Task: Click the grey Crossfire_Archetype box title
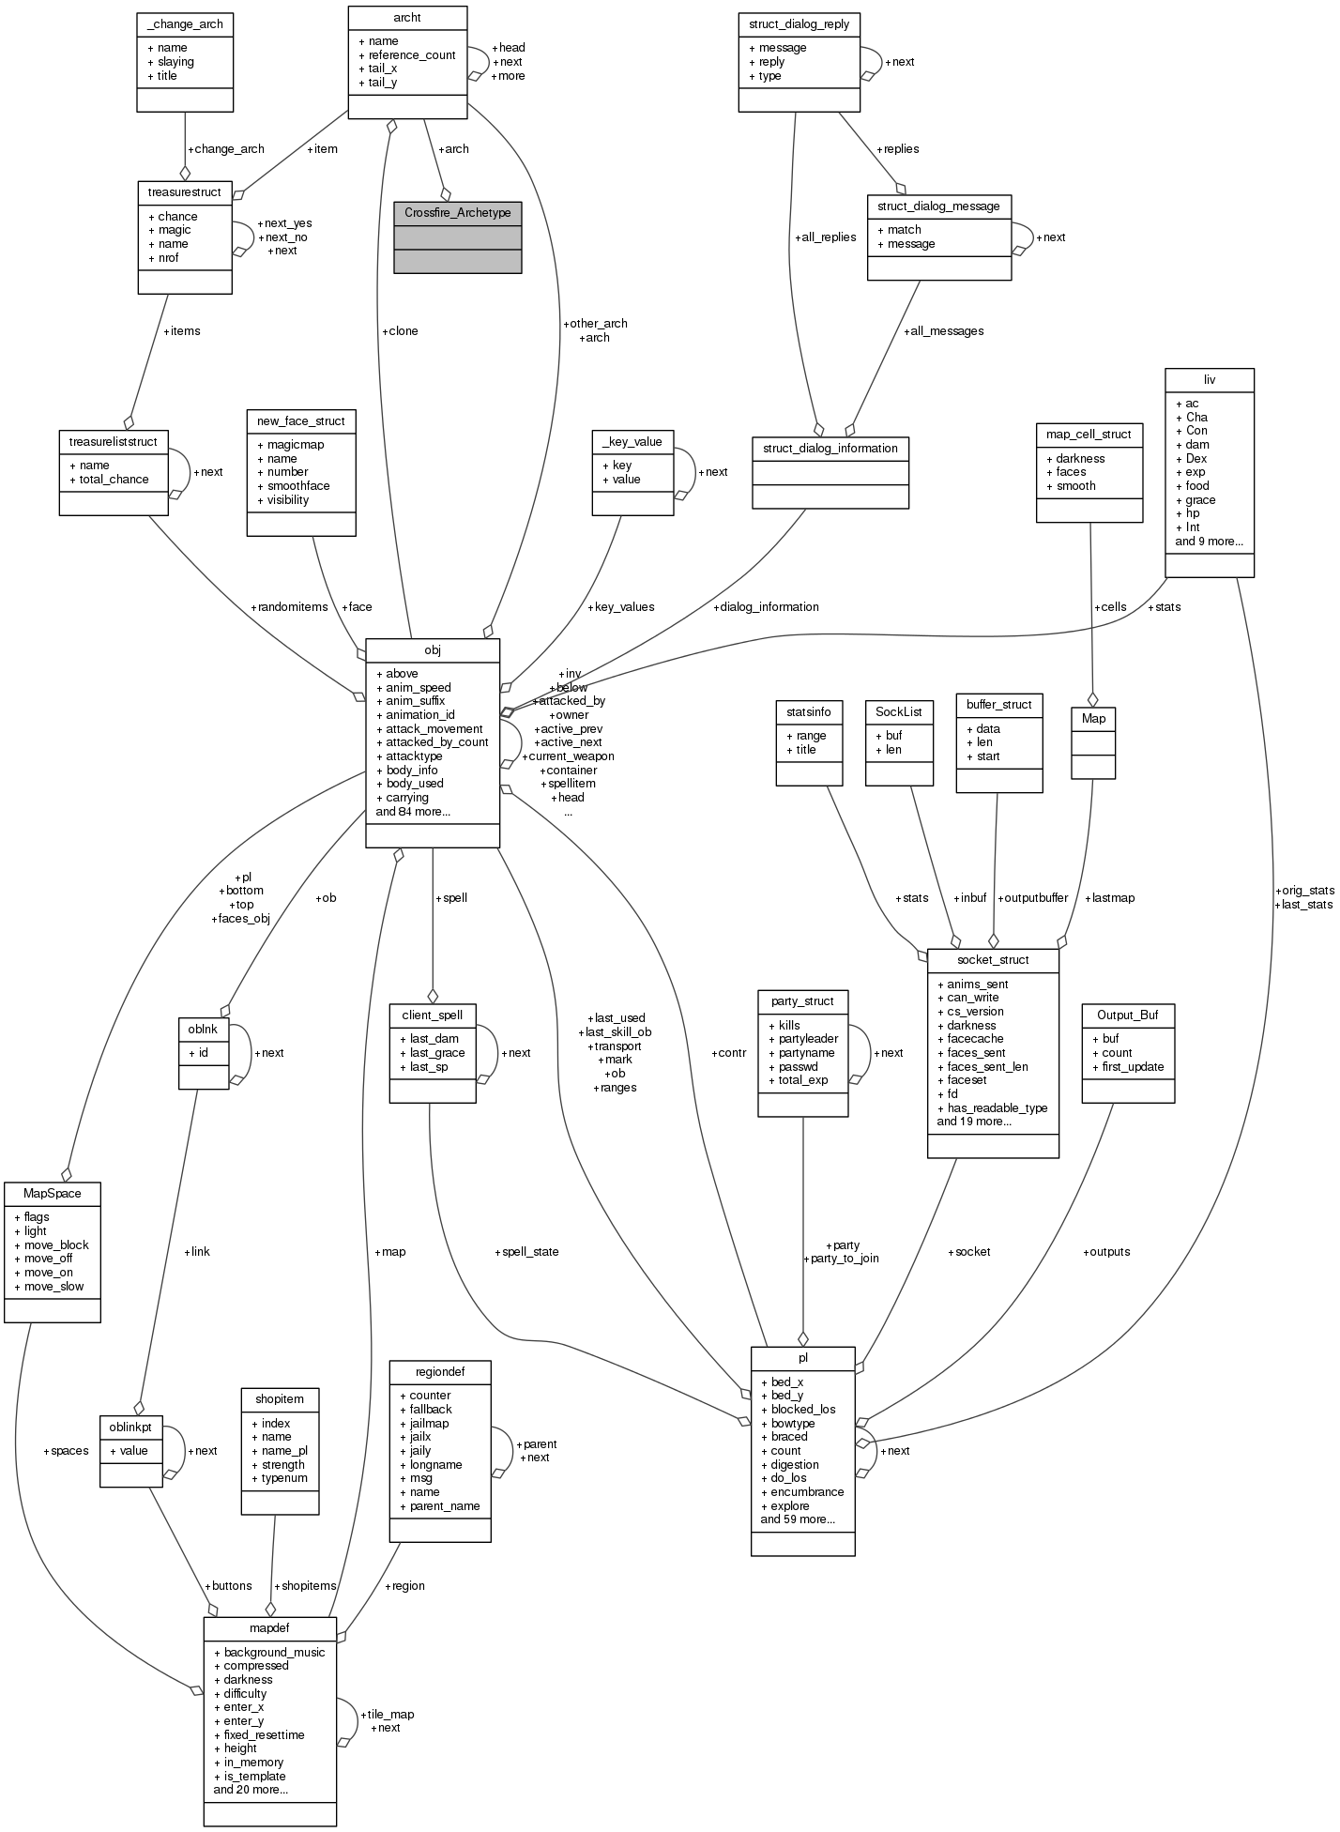coord(457,213)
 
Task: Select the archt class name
coord(407,16)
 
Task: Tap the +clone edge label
coord(400,331)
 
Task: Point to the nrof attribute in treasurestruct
coord(168,257)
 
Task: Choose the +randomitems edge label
coord(289,607)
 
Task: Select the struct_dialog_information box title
coord(830,449)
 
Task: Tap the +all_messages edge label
coord(943,331)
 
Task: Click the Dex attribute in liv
coord(1196,459)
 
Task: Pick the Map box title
coord(1093,718)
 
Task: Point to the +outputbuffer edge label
coord(1032,898)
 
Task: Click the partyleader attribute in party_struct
coord(808,1039)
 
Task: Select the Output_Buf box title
coord(1127,1015)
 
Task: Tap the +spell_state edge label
coord(530,1252)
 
